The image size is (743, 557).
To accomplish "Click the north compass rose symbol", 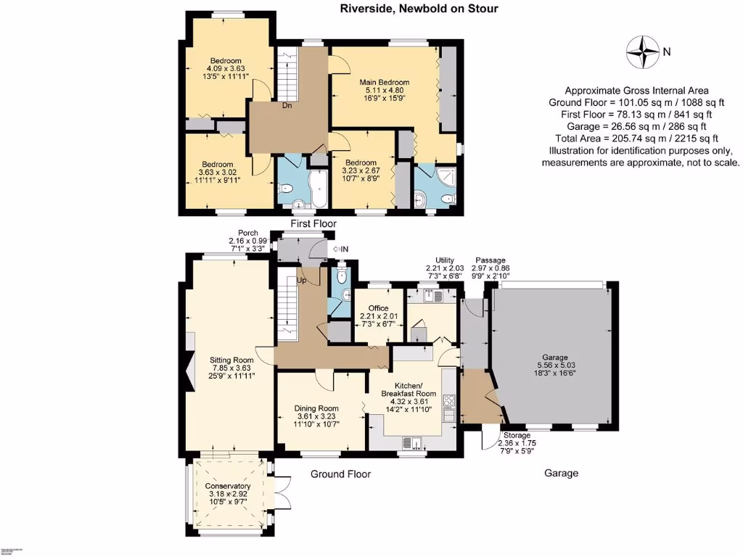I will tap(642, 50).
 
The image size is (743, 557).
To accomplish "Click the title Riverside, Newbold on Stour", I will tap(419, 9).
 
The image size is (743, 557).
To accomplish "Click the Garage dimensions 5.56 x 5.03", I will tap(554, 366).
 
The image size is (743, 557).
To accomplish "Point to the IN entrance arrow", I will tap(340, 249).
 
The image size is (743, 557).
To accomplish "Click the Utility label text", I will tap(444, 260).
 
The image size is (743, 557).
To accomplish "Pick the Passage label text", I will tap(490, 260).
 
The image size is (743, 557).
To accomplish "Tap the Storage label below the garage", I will tap(517, 436).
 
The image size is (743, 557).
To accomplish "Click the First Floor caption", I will tap(312, 224).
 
